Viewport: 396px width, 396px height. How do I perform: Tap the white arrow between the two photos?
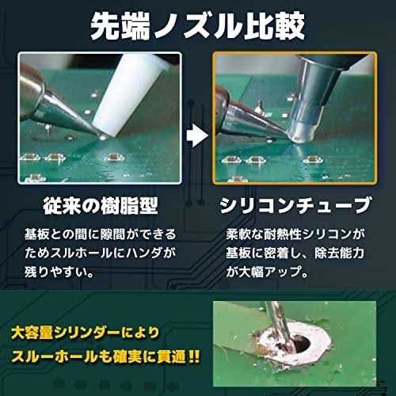(x=197, y=135)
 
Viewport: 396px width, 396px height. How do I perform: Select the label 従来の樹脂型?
(x=101, y=206)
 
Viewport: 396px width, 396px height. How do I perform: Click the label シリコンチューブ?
(x=295, y=205)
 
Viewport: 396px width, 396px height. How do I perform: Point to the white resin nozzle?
(x=129, y=95)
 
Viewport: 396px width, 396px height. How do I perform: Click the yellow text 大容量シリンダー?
(x=66, y=333)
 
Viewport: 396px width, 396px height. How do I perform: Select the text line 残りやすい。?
(x=59, y=272)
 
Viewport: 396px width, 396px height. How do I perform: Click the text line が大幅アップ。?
(x=267, y=272)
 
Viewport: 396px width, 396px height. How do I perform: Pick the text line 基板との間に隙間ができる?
(x=101, y=234)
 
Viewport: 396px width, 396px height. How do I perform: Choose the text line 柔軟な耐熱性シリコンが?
(x=295, y=234)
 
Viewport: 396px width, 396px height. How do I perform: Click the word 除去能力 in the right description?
(x=339, y=253)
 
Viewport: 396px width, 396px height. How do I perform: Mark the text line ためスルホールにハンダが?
(x=100, y=253)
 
